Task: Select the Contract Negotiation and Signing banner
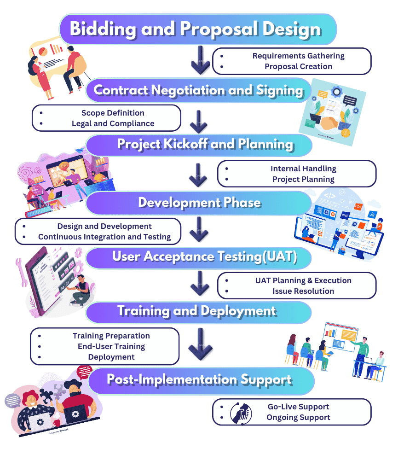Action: [198, 90]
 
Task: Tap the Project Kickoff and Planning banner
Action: [205, 144]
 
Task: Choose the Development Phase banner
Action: [199, 203]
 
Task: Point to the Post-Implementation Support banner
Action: [199, 380]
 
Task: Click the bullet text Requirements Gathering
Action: [298, 56]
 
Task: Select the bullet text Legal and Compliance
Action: [113, 123]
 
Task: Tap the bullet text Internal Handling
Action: [303, 169]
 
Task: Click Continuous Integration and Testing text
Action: [104, 237]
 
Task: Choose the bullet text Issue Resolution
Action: [303, 291]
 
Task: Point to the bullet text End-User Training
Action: [111, 346]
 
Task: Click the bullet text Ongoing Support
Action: [298, 417]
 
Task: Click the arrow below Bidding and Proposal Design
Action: [201, 60]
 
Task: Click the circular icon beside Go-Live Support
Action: [241, 412]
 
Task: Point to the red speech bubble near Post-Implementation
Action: [85, 370]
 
